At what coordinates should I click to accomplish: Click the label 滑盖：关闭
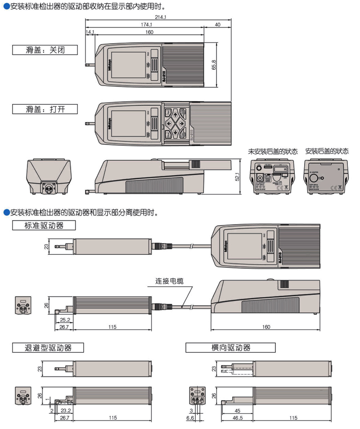45,50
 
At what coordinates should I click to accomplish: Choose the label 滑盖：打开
45,109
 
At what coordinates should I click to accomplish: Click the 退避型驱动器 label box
48,348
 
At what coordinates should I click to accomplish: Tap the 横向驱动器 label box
230,348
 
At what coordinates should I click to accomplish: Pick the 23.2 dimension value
65,411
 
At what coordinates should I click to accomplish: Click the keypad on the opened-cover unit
176,122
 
